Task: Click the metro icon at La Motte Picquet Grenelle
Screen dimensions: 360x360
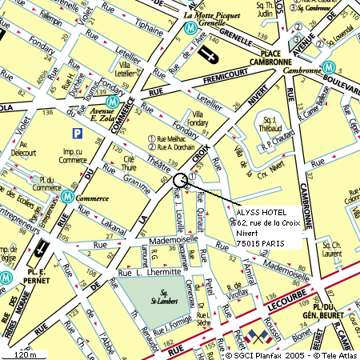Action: (x=190, y=27)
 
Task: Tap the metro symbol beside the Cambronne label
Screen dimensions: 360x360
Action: (x=328, y=68)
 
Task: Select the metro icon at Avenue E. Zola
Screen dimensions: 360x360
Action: (x=114, y=102)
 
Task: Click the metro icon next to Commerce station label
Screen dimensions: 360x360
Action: (x=68, y=194)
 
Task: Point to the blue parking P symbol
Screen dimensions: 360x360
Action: (x=77, y=133)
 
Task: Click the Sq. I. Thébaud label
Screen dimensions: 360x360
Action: (x=269, y=125)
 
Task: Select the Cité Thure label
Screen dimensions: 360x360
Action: (x=129, y=163)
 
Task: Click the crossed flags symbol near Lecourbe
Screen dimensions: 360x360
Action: (x=256, y=336)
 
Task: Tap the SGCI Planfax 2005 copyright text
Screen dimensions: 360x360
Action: (x=264, y=354)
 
